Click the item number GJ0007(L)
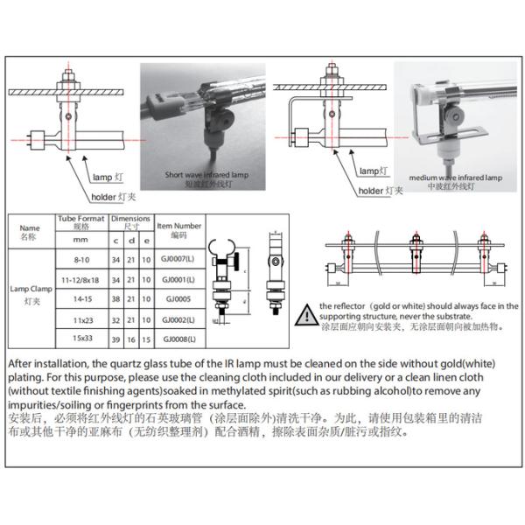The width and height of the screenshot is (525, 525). pos(178,259)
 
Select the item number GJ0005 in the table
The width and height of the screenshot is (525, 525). pos(178,297)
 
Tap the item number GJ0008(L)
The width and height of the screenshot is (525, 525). pos(178,338)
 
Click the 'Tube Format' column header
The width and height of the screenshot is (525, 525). pos(80,221)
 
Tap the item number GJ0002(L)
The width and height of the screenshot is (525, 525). pos(178,318)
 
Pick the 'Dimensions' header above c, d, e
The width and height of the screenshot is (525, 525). pos(130,219)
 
